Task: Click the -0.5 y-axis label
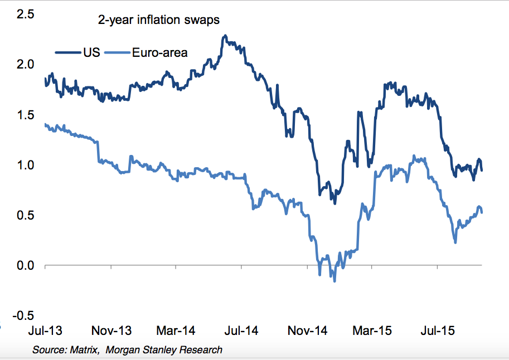[23, 316]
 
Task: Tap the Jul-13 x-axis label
[45, 331]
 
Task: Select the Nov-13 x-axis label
[111, 331]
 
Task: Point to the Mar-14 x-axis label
[176, 331]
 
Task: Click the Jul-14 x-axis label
[241, 331]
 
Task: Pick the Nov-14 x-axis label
[307, 331]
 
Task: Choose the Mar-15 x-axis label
[372, 331]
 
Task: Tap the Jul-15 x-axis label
[437, 331]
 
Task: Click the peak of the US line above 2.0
[224, 36]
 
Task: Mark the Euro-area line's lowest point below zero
[335, 281]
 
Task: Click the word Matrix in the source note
[84, 350]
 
